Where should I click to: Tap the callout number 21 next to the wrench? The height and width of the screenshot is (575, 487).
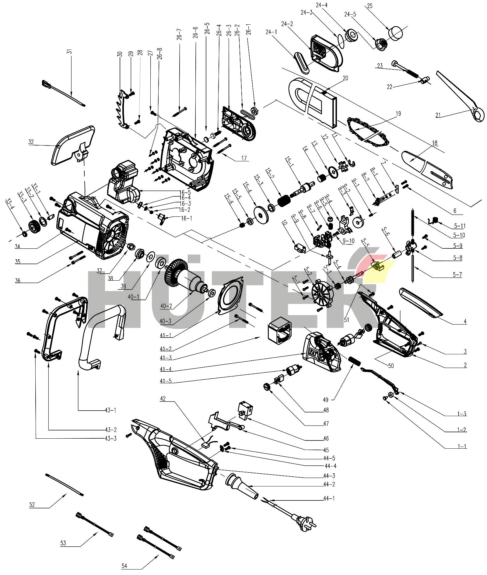(x=438, y=115)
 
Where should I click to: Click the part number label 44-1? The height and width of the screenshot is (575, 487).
(x=329, y=498)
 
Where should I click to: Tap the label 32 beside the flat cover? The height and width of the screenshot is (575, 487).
(x=31, y=142)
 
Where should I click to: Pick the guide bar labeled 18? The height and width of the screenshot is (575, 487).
(x=426, y=169)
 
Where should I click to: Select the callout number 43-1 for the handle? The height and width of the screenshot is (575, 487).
(x=110, y=410)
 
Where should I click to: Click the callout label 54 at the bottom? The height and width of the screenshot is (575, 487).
(x=124, y=566)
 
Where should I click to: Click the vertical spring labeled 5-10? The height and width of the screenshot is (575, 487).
(x=413, y=222)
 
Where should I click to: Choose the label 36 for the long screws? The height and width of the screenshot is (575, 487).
(x=18, y=281)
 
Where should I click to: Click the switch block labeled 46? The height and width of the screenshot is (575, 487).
(x=246, y=409)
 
